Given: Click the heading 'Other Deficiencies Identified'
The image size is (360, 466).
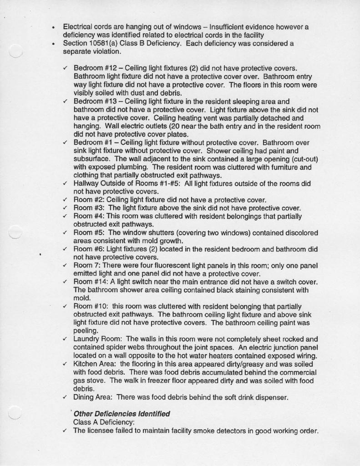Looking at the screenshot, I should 122,414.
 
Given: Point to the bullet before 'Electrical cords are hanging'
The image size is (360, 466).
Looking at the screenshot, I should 54,27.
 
